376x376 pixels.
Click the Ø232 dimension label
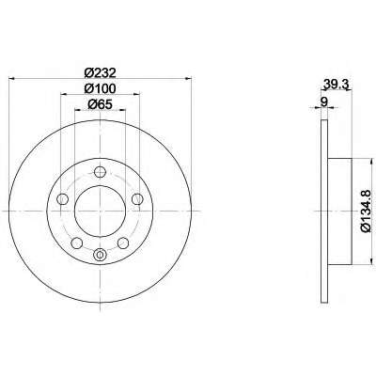click(101, 73)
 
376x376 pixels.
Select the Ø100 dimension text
click(101, 88)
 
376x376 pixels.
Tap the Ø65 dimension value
click(101, 104)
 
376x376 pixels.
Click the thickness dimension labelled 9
click(324, 102)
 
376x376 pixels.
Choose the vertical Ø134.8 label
click(367, 211)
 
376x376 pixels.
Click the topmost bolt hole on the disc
click(100, 171)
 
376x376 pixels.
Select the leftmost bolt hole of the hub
click(63, 198)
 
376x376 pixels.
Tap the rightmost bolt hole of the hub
click(137, 198)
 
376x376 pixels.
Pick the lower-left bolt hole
click(77, 243)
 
